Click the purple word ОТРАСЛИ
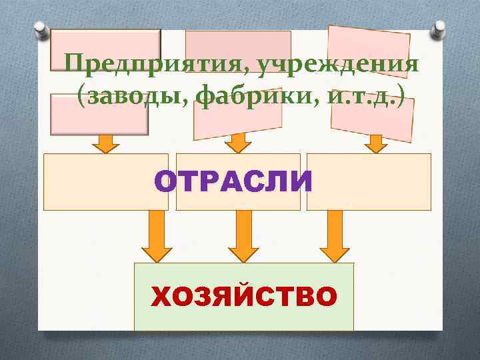click(233, 181)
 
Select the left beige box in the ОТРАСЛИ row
click(97, 182)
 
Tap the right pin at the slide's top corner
click(440, 30)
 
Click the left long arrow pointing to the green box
click(157, 237)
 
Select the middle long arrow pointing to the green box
click(243, 237)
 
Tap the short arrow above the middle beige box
click(236, 143)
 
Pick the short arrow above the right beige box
click(375, 143)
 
